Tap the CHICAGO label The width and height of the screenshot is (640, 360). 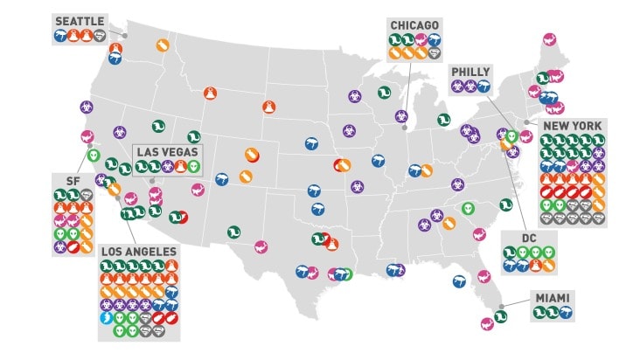[415, 24]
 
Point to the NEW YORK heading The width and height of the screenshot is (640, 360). [573, 126]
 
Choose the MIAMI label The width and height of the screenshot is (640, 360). [553, 299]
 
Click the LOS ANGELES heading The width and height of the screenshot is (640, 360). [139, 252]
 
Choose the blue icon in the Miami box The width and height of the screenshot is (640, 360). [566, 313]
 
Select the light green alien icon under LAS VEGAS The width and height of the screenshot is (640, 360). [193, 166]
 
